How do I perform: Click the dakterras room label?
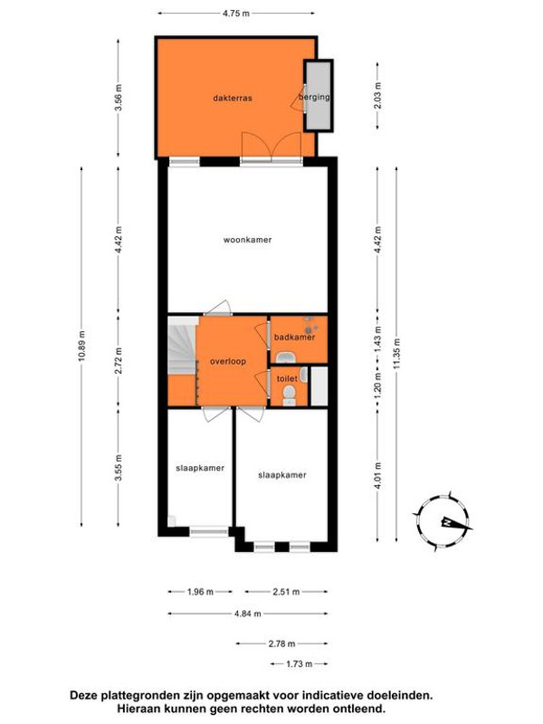[x=233, y=98]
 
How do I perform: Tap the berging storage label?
[x=314, y=97]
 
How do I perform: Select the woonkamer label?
[x=247, y=240]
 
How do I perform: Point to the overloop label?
[x=228, y=361]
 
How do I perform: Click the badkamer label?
[x=295, y=337]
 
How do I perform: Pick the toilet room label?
[x=287, y=378]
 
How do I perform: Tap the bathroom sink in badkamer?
[x=286, y=357]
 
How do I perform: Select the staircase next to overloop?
[x=183, y=346]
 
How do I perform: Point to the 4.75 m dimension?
[x=236, y=14]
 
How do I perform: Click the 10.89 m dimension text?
[x=81, y=347]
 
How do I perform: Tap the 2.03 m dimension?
[x=378, y=96]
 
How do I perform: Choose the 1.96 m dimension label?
[x=200, y=592]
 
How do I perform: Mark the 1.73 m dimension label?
[x=300, y=664]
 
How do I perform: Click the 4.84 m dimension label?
[x=248, y=614]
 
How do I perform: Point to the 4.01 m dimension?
[x=378, y=476]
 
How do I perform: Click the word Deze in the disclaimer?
[x=81, y=695]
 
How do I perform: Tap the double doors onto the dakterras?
[x=271, y=147]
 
